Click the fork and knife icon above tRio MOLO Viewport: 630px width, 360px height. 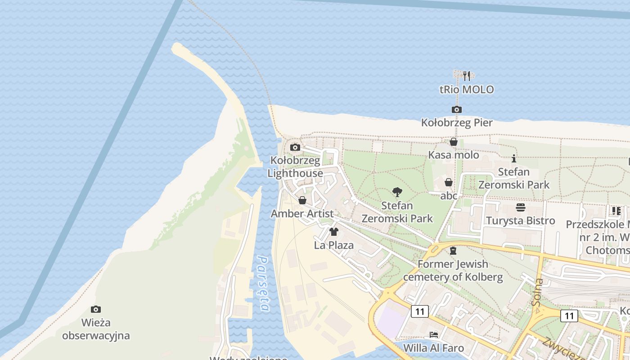point(467,76)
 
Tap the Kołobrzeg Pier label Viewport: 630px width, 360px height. point(457,122)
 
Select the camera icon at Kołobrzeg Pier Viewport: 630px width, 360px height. point(457,109)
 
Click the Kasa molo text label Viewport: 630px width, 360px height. point(453,155)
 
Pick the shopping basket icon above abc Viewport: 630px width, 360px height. point(449,182)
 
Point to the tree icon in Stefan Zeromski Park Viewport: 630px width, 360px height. point(397,192)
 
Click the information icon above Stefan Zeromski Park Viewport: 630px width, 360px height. point(514,158)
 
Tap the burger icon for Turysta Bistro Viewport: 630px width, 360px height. point(521,207)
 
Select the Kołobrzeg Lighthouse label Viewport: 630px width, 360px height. point(295,167)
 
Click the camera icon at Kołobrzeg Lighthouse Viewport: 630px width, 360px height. point(295,147)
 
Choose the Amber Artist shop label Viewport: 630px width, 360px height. point(302,214)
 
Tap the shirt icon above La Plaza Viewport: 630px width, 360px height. point(334,232)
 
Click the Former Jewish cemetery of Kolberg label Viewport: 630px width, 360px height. point(453,270)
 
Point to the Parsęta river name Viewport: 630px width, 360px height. point(264,283)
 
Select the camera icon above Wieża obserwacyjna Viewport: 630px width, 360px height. point(96,309)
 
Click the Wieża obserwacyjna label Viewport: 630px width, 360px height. point(96,329)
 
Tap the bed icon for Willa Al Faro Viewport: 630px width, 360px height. point(434,334)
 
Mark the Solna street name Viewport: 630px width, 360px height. point(538,292)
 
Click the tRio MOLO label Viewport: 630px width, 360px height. point(467,90)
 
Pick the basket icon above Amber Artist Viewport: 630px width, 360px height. point(302,200)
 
